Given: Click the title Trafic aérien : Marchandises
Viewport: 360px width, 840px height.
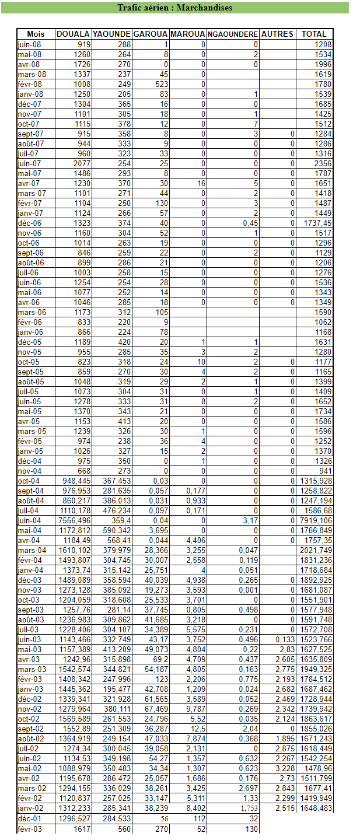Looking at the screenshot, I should (174, 8).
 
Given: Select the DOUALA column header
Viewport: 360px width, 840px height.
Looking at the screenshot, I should (73, 34).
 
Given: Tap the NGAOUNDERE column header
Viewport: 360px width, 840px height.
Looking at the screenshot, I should (233, 34).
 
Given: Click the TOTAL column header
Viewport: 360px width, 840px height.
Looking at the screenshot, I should (314, 34).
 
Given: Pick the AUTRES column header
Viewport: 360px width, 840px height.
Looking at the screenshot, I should (277, 34).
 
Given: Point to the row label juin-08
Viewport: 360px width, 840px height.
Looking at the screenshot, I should (29, 44).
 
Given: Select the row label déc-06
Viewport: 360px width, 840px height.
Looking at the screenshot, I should (29, 223).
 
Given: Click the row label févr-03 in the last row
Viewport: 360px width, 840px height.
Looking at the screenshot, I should (30, 829).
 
